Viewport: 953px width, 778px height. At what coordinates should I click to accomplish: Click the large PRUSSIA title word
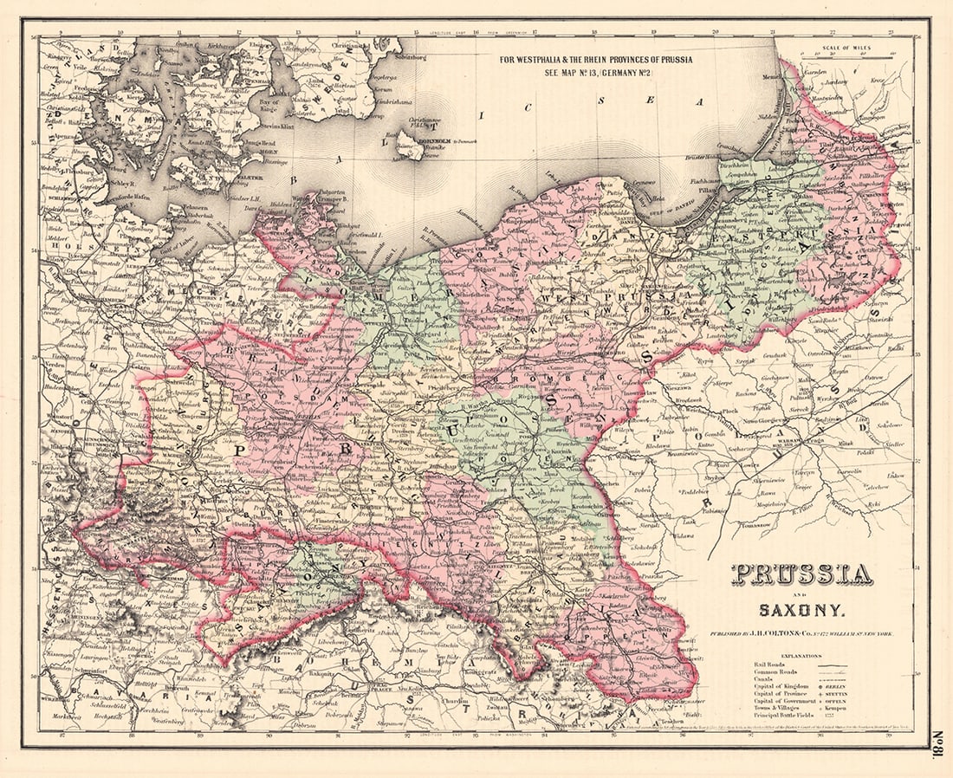click(802, 574)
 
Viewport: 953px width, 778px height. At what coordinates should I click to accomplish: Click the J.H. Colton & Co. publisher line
click(802, 634)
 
